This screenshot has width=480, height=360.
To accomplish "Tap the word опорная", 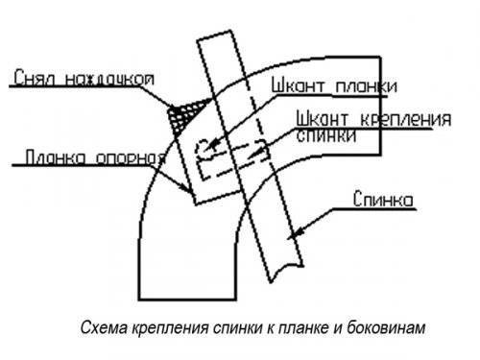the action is tap(124, 156).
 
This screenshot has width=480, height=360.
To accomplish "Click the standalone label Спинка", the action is tap(382, 201).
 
